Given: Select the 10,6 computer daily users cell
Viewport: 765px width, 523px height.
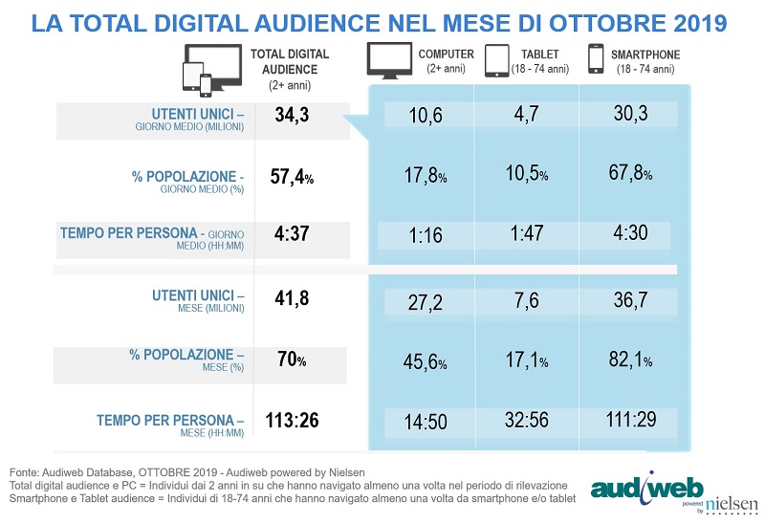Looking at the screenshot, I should (x=424, y=116).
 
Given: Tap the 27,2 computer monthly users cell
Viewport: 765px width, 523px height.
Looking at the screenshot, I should (x=424, y=300).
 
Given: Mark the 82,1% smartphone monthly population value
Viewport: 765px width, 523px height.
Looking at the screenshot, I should (x=634, y=361).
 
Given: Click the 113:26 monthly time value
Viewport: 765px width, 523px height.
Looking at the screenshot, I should (x=294, y=420).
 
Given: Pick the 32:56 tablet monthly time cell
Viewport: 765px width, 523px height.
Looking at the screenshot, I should (x=525, y=422).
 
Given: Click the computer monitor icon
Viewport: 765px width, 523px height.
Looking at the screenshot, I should (x=389, y=60).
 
